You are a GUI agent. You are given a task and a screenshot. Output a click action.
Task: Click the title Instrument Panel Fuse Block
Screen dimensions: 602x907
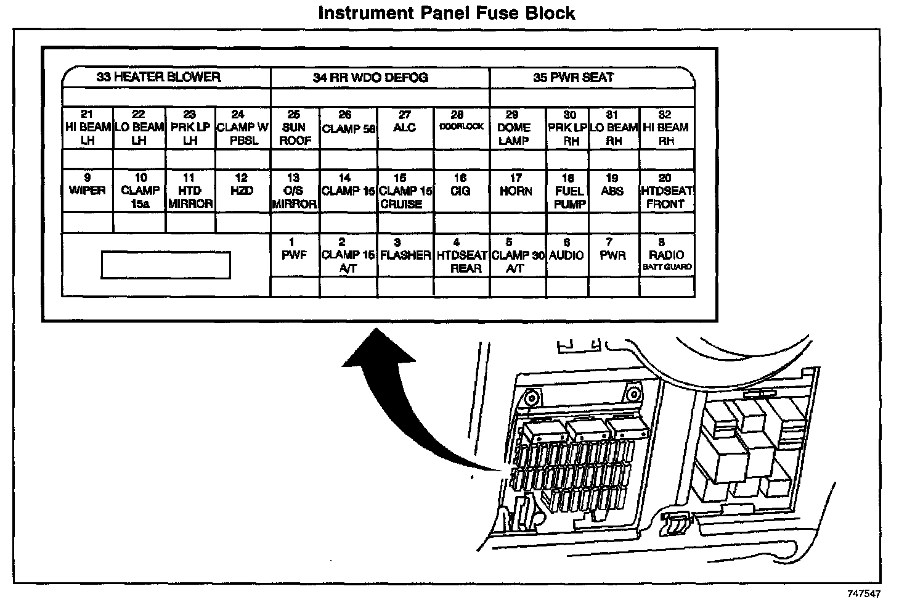446,13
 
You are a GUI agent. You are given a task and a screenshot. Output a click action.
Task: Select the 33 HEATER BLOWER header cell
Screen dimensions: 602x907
158,78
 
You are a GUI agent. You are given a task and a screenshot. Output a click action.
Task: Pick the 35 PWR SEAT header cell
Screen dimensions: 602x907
574,78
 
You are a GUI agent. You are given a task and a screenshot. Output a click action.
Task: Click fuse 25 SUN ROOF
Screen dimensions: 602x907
294,128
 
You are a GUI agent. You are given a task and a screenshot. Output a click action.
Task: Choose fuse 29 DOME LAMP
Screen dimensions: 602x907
513,128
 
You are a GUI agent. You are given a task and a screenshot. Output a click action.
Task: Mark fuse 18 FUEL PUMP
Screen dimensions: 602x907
569,191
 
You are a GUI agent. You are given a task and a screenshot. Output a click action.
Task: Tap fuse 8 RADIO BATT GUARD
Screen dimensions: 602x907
667,255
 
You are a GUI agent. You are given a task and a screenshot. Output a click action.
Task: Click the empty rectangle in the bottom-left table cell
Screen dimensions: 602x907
165,265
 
